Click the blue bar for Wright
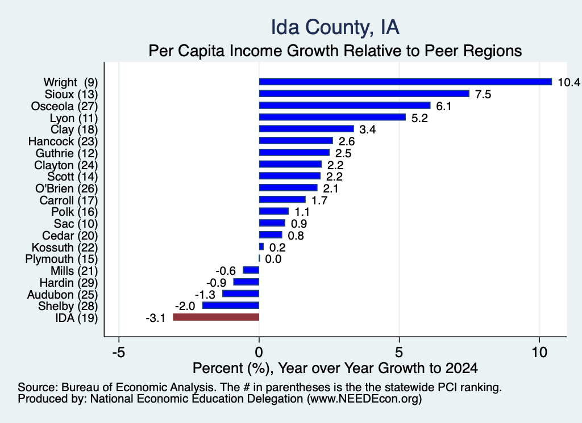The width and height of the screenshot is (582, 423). (405, 82)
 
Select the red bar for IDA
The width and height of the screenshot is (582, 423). (216, 317)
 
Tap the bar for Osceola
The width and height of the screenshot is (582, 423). (344, 106)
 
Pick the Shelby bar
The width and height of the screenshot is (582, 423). (231, 305)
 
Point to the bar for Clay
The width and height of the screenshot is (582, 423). (306, 129)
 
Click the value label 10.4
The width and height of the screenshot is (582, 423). (569, 82)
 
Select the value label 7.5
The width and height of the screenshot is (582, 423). (483, 94)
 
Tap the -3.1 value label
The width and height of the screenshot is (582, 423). (156, 318)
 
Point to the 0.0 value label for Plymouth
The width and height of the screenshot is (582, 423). (273, 259)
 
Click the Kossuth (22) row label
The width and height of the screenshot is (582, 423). (65, 248)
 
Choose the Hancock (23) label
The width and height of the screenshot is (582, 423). (63, 141)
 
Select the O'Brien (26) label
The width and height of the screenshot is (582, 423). (66, 189)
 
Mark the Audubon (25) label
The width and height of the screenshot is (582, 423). (63, 294)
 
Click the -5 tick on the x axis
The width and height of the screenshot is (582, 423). (118, 352)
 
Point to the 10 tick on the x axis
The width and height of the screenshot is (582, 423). (539, 352)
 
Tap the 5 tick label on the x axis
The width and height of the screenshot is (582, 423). (399, 352)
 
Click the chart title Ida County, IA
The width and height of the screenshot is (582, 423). (335, 27)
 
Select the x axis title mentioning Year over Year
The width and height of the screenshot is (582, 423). (335, 368)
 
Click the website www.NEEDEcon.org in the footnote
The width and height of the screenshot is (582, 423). (364, 399)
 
